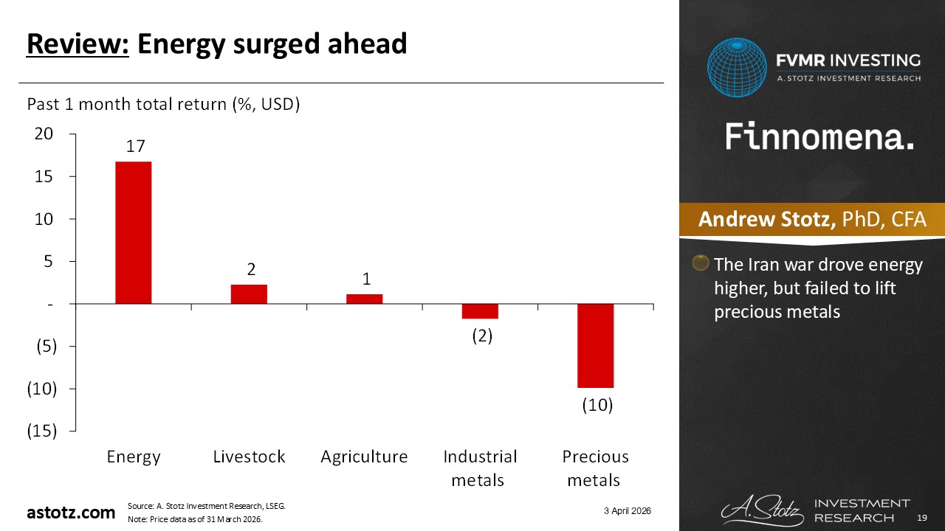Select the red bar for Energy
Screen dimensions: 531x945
coord(134,232)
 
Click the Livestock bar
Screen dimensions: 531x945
coord(249,294)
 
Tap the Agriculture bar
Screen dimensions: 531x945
coord(364,299)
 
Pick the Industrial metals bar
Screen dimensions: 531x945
coord(480,311)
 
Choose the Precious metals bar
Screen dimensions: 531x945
coord(595,345)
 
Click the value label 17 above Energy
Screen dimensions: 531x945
coord(134,146)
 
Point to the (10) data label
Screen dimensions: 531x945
coord(595,405)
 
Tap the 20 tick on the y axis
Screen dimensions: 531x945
coord(44,134)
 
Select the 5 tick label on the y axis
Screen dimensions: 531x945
coord(49,262)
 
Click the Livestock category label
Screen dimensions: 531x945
coord(249,457)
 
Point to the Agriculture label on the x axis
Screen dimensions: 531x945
coord(364,457)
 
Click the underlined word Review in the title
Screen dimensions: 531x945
coord(78,45)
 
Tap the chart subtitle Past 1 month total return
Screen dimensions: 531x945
coord(162,105)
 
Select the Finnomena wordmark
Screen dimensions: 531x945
coord(819,137)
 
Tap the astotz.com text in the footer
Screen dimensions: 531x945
coord(71,512)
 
